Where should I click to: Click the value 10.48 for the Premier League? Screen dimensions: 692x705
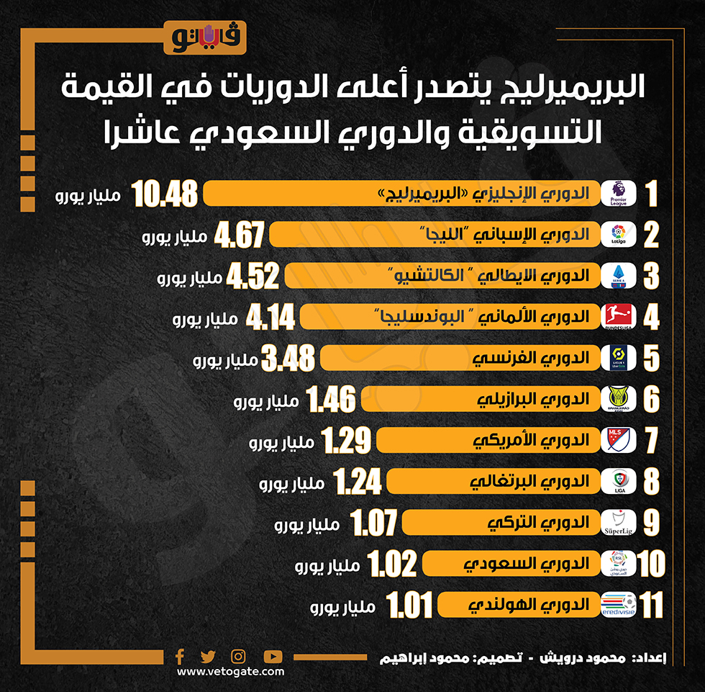pyautogui.click(x=165, y=194)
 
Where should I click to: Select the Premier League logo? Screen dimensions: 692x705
pyautogui.click(x=618, y=194)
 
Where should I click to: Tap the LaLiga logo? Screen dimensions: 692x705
pyautogui.click(x=618, y=235)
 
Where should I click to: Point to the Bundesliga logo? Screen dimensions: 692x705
pyautogui.click(x=618, y=317)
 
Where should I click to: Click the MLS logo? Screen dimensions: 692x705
pyautogui.click(x=618, y=440)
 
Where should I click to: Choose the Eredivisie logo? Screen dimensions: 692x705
pyautogui.click(x=618, y=605)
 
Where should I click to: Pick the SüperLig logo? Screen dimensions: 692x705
pyautogui.click(x=618, y=523)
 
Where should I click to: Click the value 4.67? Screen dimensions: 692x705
pyautogui.click(x=237, y=235)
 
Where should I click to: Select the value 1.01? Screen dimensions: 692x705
pyautogui.click(x=409, y=606)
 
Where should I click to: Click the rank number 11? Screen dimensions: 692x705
pyautogui.click(x=650, y=606)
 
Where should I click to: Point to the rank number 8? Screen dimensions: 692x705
pyautogui.click(x=651, y=482)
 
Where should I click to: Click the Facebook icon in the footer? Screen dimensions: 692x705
pyautogui.click(x=180, y=656)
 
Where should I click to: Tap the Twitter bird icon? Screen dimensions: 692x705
pyautogui.click(x=208, y=656)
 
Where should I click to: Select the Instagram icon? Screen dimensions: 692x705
pyautogui.click(x=238, y=656)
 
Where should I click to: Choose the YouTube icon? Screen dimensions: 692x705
pyautogui.click(x=273, y=656)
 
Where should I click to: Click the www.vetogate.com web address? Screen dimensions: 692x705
pyautogui.click(x=230, y=672)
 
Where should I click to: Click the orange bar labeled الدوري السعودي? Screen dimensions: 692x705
pyautogui.click(x=511, y=564)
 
